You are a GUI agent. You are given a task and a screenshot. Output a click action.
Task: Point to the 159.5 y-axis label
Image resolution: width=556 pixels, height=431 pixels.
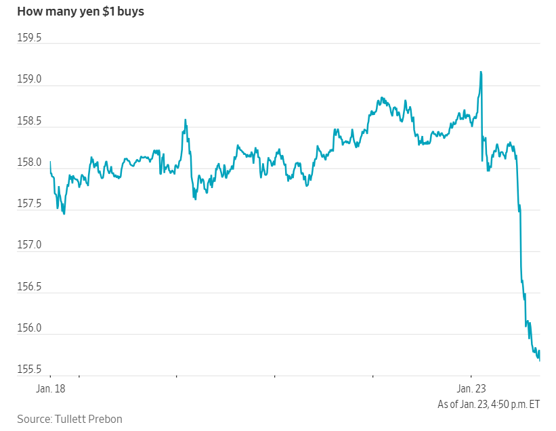point(29,38)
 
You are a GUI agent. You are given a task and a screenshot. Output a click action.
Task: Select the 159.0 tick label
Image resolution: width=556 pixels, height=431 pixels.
point(29,80)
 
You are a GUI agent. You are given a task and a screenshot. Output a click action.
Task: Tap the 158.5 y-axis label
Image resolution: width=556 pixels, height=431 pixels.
point(29,121)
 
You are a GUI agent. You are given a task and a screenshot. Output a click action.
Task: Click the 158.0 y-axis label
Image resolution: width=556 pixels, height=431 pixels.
point(29,163)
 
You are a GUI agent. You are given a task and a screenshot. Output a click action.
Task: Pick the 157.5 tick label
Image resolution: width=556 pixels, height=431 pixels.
point(29,204)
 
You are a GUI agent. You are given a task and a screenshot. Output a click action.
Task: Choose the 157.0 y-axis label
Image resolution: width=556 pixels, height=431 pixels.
point(29,246)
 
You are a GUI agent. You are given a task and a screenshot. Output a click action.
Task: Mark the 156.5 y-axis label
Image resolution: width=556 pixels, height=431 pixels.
point(29,288)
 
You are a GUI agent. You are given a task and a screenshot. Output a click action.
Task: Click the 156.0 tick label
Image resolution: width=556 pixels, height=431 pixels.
point(29,329)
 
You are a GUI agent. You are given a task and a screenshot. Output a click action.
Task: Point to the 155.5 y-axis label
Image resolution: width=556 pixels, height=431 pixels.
point(29,370)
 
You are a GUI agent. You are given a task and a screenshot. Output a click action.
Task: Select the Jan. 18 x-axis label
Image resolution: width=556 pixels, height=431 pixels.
point(51,389)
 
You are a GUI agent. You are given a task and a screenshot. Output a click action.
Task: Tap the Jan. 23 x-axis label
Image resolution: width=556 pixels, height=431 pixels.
point(472,389)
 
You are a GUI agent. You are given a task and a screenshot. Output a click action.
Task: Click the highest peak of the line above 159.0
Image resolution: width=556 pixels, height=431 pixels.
point(481,72)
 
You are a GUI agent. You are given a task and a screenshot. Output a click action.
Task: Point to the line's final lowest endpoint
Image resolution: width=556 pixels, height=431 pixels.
point(539,360)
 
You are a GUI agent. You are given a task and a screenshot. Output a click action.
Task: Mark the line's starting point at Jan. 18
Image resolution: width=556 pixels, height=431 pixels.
point(51,162)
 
